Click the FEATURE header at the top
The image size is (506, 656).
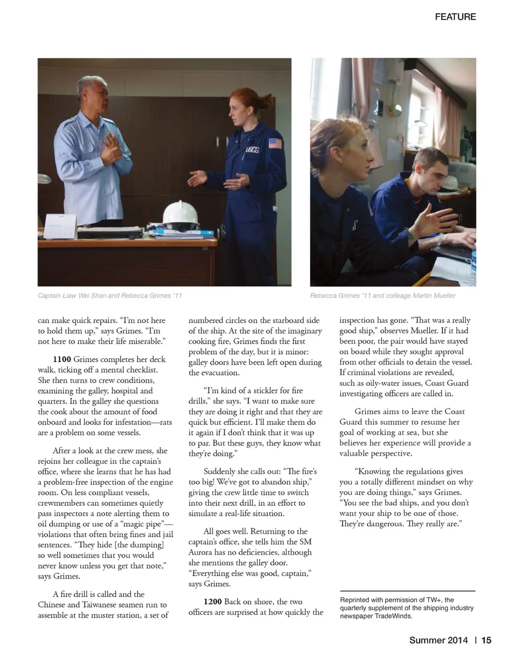point(455,17)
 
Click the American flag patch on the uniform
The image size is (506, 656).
point(275,143)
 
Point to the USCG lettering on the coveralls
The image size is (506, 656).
point(252,150)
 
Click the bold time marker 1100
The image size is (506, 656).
point(62,359)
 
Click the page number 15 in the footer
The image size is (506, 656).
point(486,640)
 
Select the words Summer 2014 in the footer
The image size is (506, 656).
point(438,640)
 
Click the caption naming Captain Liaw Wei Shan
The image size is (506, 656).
point(110,296)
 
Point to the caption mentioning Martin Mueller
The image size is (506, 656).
point(383,296)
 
